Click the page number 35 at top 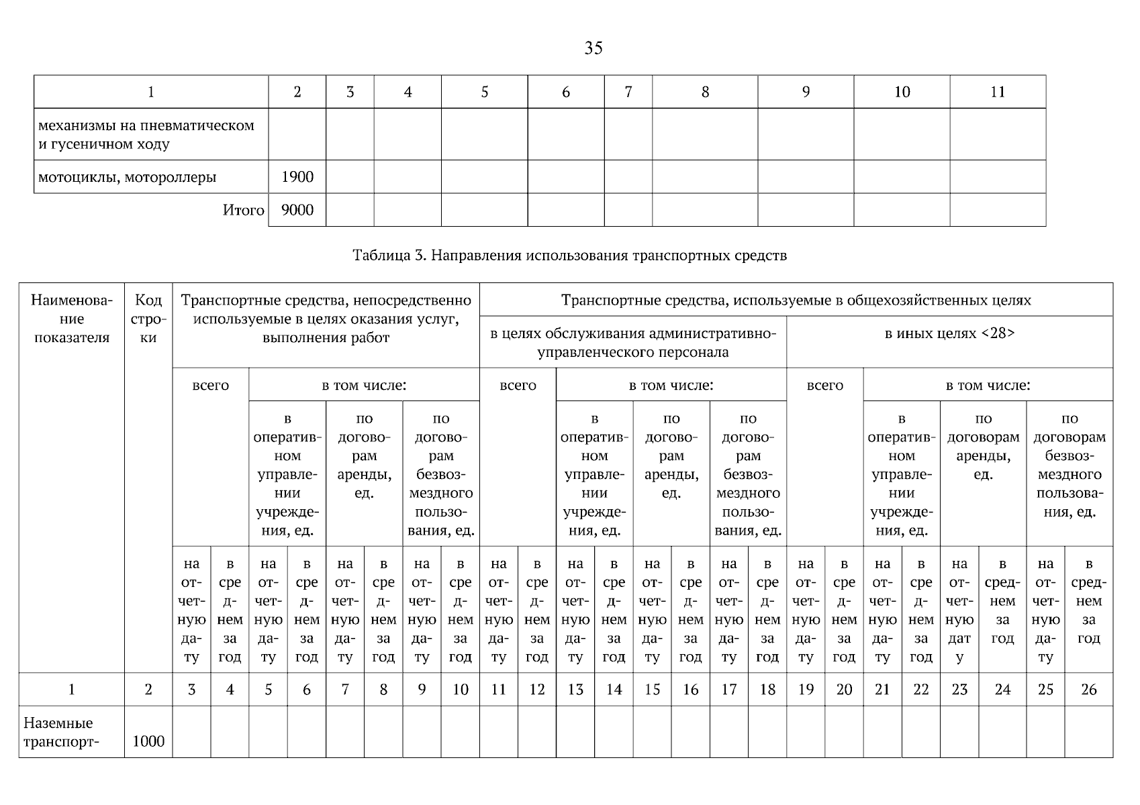pyautogui.click(x=593, y=48)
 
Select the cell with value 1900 pyautogui.click(x=297, y=177)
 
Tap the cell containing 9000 pyautogui.click(x=297, y=210)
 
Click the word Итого pyautogui.click(x=243, y=211)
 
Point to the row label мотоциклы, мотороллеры pyautogui.click(x=128, y=178)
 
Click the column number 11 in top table pyautogui.click(x=998, y=92)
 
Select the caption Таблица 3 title pyautogui.click(x=569, y=256)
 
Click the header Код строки pyautogui.click(x=148, y=319)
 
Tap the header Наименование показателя pyautogui.click(x=72, y=319)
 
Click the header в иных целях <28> pyautogui.click(x=949, y=333)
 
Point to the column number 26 pyautogui.click(x=1088, y=689)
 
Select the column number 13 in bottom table pyautogui.click(x=575, y=689)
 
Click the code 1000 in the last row pyautogui.click(x=148, y=741)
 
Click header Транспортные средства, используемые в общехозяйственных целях pyautogui.click(x=796, y=300)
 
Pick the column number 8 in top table pyautogui.click(x=705, y=92)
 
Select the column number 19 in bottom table pyautogui.click(x=806, y=689)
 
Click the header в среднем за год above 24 pyautogui.click(x=1002, y=601)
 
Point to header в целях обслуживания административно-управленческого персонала pyautogui.click(x=633, y=343)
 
